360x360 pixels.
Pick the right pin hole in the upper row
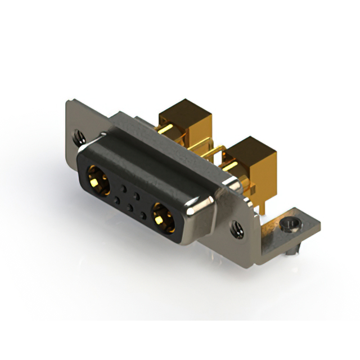137,193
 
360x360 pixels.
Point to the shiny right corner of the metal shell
194,211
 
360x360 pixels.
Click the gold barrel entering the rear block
169,130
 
